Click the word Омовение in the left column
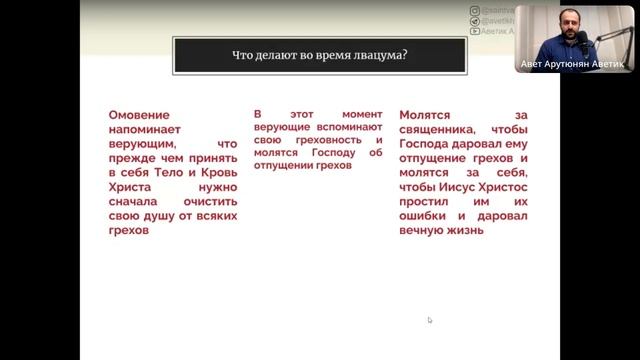(139, 116)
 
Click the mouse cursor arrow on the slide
(430, 321)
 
